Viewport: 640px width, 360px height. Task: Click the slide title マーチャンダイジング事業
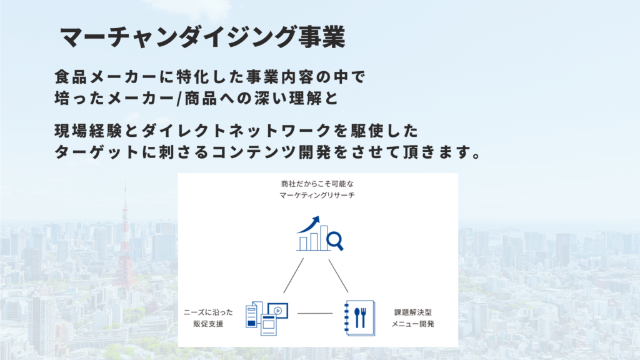coord(203,37)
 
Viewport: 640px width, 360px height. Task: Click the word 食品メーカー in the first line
coord(106,77)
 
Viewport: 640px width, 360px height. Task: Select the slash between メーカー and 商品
coord(179,99)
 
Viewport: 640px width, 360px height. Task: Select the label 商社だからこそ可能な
coord(317,184)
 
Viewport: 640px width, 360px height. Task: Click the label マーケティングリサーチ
coord(317,196)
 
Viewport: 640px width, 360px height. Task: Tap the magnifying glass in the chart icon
coord(335,241)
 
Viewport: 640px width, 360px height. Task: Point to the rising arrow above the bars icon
coord(309,224)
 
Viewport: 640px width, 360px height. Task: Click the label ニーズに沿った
coord(208,312)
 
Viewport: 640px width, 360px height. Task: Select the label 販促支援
coord(208,324)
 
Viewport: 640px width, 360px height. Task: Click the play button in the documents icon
coord(278,311)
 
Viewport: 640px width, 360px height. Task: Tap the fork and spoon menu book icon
coord(359,318)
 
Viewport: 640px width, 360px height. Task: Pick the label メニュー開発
coord(412,324)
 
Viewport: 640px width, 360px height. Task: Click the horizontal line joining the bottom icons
coord(315,314)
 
